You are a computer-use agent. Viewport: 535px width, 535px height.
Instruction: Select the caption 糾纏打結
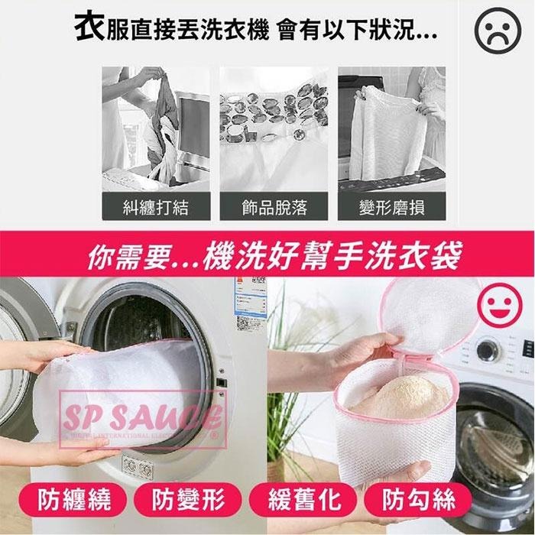pyautogui.click(x=155, y=206)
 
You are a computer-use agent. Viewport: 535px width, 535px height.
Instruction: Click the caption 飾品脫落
pyautogui.click(x=274, y=206)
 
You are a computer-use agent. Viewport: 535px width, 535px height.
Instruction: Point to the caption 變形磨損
pyautogui.click(x=391, y=206)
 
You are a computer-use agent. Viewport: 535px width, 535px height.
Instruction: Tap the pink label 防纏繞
pyautogui.click(x=76, y=501)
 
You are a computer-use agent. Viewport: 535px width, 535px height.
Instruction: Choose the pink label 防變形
pyautogui.click(x=188, y=501)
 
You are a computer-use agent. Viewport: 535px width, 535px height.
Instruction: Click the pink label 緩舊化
pyautogui.click(x=304, y=501)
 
